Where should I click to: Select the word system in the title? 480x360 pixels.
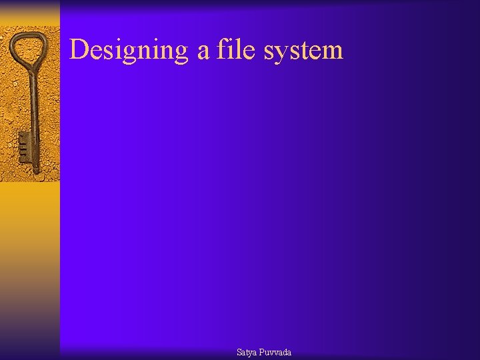[303, 51]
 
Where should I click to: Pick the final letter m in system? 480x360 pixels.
[333, 52]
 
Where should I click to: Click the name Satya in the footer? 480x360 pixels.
[247, 352]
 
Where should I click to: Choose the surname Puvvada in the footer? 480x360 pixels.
[275, 352]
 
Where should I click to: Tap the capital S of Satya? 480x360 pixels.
[239, 352]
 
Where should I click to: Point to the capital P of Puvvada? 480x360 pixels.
[262, 352]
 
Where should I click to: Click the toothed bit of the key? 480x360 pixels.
[24, 147]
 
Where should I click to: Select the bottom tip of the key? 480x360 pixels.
[36, 172]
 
